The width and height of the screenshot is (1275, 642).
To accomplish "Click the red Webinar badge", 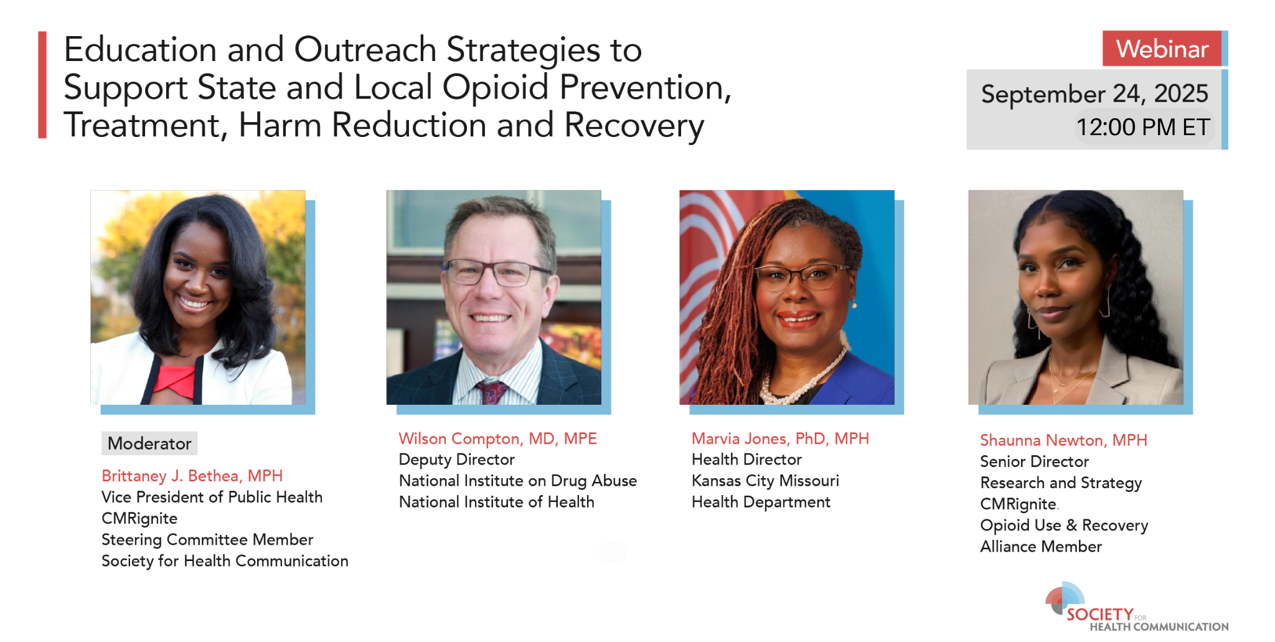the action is point(1162,49).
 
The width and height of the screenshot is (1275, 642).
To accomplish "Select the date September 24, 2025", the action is point(1094,93).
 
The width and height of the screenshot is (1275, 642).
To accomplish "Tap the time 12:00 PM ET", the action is point(1143,127).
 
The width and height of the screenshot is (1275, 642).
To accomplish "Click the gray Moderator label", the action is point(149,443).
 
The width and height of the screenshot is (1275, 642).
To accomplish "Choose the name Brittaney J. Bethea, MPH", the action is point(192,476).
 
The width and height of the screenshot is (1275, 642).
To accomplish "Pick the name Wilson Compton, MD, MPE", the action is point(498,438).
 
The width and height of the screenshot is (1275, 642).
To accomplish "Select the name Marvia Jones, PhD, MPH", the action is point(780,438).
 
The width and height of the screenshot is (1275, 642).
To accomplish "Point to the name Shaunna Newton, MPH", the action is point(1063,440).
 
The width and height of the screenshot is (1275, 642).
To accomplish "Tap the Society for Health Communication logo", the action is point(1136,608).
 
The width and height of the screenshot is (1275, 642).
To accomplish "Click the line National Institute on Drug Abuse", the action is point(518,481).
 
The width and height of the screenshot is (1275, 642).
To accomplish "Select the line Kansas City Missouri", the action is point(765,481).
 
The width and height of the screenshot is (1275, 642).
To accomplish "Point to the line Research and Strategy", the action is point(1061,483).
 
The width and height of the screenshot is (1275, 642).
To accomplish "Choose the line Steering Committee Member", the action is point(207,539).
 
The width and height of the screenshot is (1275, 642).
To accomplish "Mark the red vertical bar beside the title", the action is point(42,85).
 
